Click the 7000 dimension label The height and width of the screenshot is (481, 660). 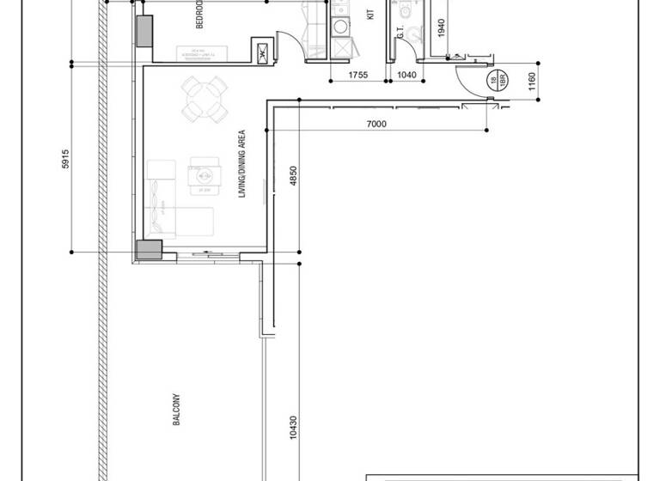click(376, 125)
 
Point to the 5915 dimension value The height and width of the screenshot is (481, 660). click(66, 160)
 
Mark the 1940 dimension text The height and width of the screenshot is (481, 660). click(441, 27)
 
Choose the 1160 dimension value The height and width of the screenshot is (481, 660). click(532, 82)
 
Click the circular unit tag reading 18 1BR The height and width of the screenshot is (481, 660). click(494, 82)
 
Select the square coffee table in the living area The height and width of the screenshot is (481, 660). click(205, 174)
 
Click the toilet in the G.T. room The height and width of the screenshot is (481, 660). click(416, 33)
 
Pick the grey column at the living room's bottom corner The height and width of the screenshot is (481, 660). click(149, 250)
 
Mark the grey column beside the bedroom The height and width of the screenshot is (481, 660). click(143, 31)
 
